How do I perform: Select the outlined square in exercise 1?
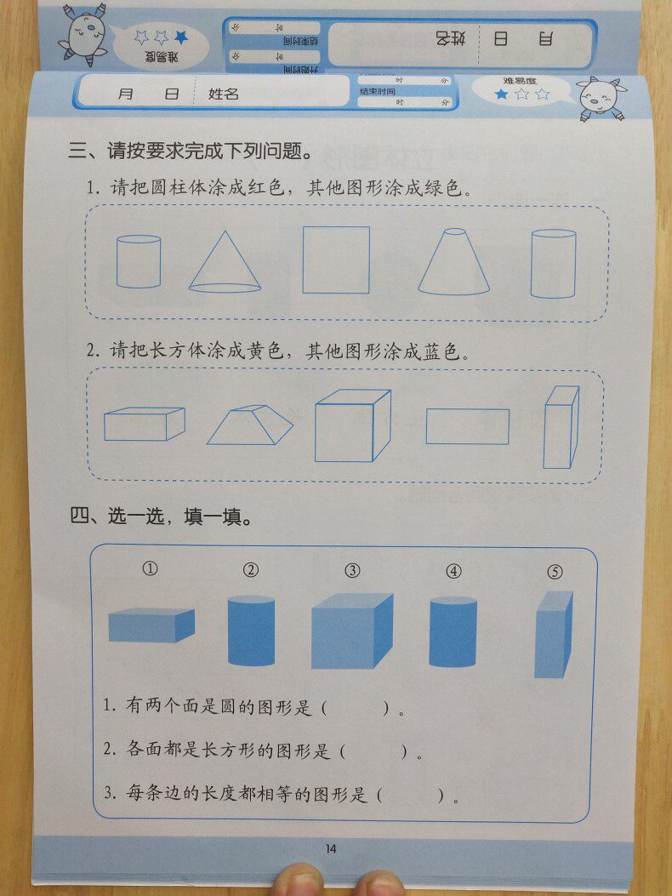pos(336,260)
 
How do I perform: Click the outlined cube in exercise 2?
pos(351,426)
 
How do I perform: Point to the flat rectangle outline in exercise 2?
pos(467,426)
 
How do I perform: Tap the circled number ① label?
pos(151,569)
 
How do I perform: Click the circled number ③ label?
pos(352,571)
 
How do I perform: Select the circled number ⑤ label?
pos(555,572)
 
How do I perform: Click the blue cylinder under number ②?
pos(251,631)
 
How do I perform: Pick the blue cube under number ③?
pos(351,631)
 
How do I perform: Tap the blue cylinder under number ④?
pos(453,632)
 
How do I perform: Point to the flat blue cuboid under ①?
pos(151,625)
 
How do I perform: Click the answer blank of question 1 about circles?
pos(356,707)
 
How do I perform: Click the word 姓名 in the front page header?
pos(224,94)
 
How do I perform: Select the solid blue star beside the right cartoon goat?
pos(501,94)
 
